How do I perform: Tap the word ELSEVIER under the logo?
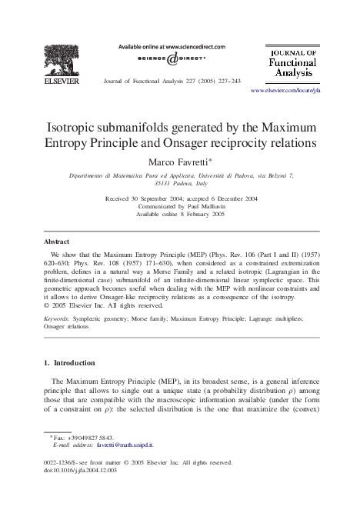(x=53, y=78)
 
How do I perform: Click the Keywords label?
(x=60, y=316)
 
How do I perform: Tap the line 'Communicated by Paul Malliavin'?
(x=180, y=206)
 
